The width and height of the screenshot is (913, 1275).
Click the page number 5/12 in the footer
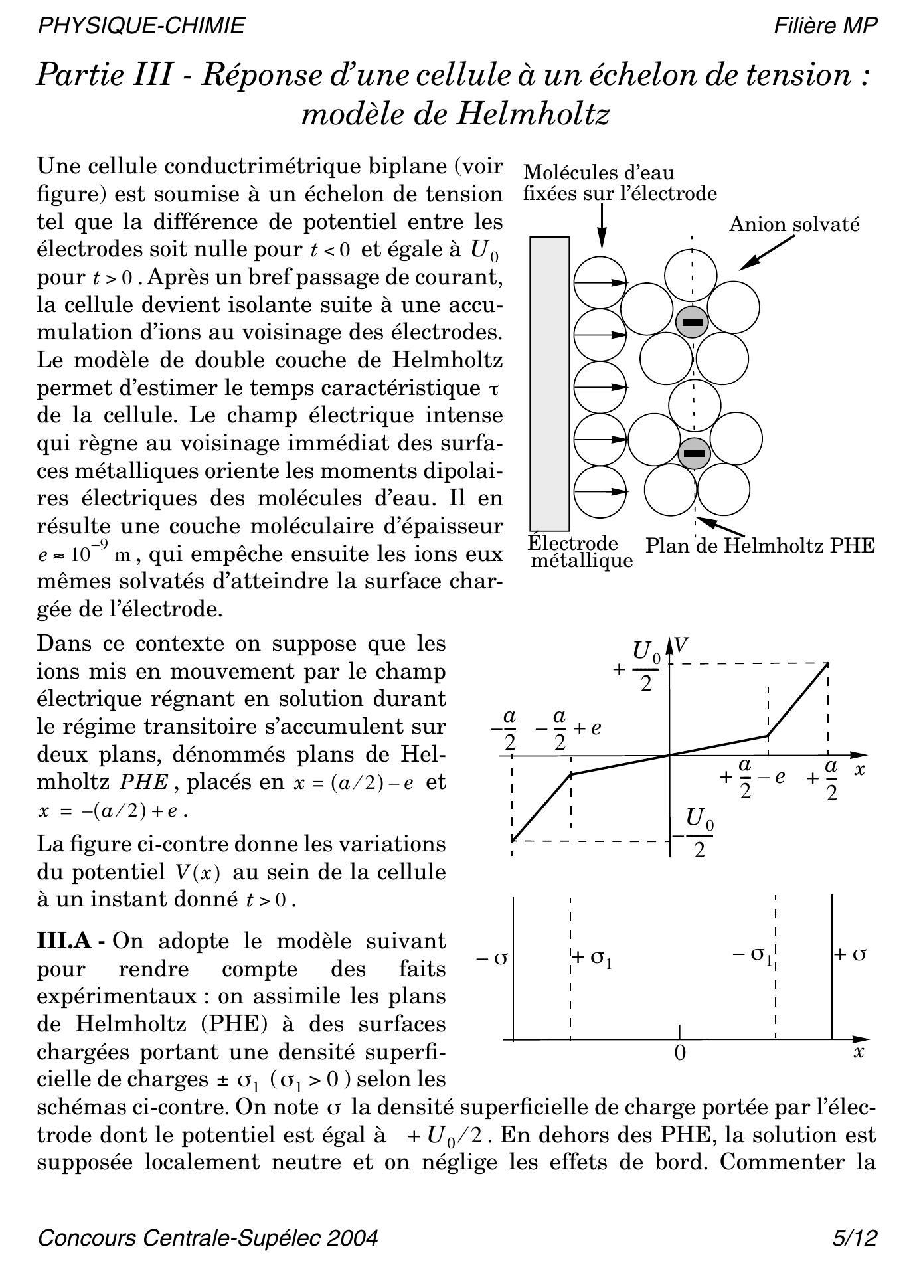point(855,1238)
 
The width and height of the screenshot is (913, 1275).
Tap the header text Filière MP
point(825,25)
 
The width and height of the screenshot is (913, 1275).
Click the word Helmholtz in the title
point(532,114)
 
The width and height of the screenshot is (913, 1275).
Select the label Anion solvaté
point(794,224)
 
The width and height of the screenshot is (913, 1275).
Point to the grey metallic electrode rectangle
point(549,383)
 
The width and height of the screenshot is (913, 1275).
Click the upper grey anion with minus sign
point(692,322)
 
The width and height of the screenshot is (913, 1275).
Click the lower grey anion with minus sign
point(694,454)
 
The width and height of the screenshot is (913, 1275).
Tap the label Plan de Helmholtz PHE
point(760,546)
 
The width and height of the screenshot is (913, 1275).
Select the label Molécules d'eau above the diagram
point(598,173)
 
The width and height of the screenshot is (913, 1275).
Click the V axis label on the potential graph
point(681,645)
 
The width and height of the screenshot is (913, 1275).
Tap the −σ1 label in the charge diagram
point(752,955)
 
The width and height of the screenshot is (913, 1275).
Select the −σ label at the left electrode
point(492,958)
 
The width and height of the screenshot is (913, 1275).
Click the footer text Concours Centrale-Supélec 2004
point(208,1238)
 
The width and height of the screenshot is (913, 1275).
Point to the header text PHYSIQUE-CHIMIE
point(141,25)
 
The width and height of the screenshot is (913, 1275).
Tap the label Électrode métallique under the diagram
point(579,552)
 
